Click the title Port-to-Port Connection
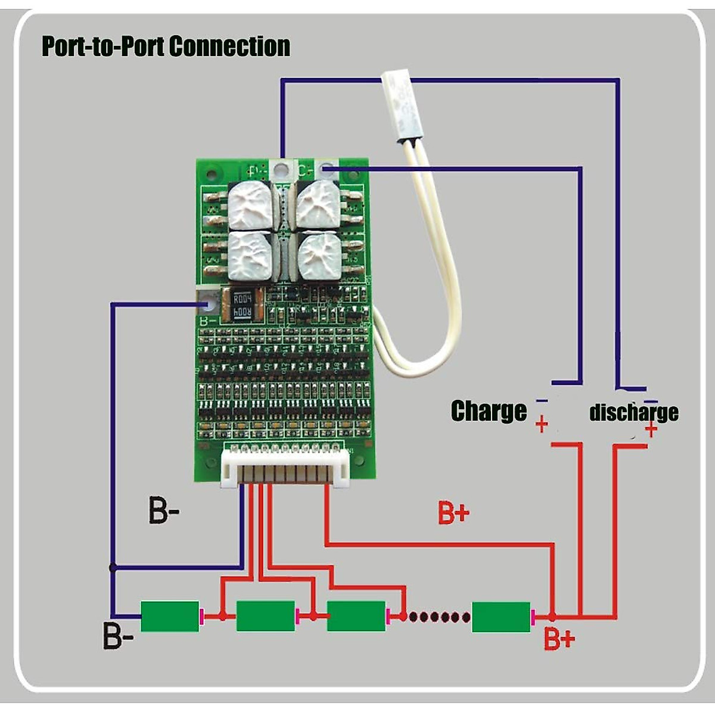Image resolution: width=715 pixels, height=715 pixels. [166, 46]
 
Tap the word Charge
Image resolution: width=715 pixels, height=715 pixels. [489, 411]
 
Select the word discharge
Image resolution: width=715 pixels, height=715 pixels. [633, 412]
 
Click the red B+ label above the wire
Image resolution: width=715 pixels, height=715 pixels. [454, 513]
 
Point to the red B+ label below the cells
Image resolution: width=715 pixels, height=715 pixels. [559, 640]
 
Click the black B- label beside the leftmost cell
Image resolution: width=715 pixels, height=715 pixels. [118, 636]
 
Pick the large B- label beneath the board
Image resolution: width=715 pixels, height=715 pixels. [164, 511]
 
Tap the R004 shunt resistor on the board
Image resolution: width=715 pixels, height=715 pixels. [242, 304]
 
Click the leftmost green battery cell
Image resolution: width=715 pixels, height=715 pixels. [170, 616]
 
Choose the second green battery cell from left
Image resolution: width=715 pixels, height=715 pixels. [266, 616]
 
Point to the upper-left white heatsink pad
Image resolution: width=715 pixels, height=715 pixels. [250, 205]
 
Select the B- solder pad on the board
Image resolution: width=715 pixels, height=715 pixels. [207, 304]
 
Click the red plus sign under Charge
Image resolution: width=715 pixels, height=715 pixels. [542, 425]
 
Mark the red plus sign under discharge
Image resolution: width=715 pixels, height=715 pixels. [651, 428]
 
